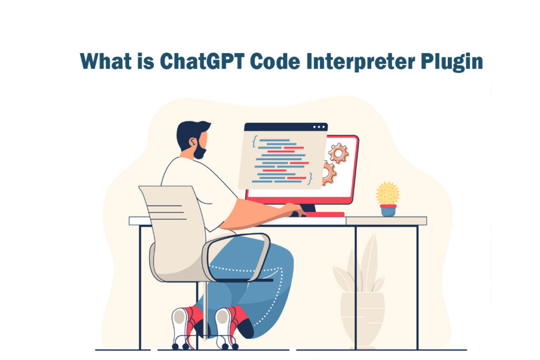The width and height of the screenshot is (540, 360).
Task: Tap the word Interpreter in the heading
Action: pos(359,62)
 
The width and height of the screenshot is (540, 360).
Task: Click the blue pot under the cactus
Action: pos(388,210)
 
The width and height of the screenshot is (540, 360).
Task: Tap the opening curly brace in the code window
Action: pos(255,141)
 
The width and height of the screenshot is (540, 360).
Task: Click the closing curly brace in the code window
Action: pos(311,177)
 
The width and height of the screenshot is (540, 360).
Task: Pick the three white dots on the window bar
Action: pos(319,127)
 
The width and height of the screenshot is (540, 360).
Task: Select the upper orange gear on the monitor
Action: pos(338,153)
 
